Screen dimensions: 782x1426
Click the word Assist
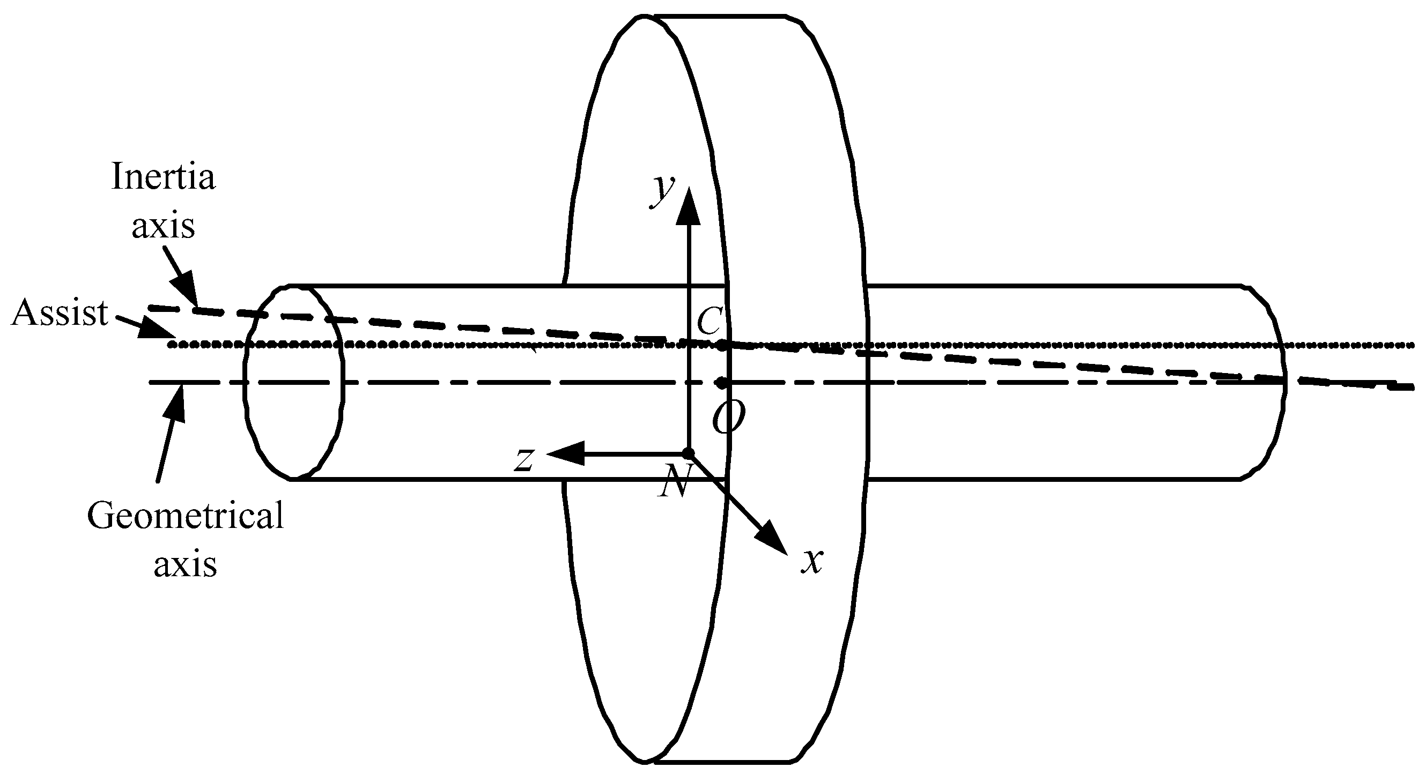coord(60,312)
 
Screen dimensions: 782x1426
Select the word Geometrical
coord(186,516)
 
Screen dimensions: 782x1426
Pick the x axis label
coord(812,561)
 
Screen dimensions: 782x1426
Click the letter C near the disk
coord(708,321)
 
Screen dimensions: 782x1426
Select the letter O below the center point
coord(728,419)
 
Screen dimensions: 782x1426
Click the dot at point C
coord(721,345)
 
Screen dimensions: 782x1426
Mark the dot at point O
coord(721,382)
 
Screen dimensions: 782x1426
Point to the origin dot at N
coord(688,454)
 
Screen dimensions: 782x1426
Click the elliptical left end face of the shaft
coord(293,382)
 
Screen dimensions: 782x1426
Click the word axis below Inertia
coord(164,226)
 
